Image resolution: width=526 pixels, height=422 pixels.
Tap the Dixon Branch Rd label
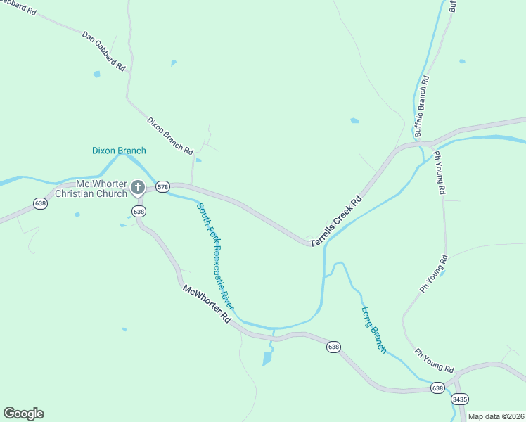[169, 135]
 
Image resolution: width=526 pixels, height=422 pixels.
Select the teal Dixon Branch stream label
[119, 151]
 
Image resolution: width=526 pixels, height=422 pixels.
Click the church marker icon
[138, 188]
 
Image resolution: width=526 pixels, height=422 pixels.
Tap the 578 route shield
[163, 187]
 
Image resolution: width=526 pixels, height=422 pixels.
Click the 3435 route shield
[460, 399]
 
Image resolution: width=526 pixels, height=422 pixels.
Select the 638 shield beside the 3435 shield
[437, 388]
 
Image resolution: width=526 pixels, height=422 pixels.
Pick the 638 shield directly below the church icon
[139, 211]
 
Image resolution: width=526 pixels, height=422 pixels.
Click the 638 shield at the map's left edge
[40, 203]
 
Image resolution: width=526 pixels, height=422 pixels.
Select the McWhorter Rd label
[207, 303]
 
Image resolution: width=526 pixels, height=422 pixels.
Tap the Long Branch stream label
[373, 329]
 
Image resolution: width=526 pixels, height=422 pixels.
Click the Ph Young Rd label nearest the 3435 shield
[434, 361]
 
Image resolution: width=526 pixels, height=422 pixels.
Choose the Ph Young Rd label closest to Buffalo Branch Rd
[440, 172]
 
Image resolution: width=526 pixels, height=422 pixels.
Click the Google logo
[23, 414]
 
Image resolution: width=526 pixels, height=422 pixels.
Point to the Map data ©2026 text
[496, 416]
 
